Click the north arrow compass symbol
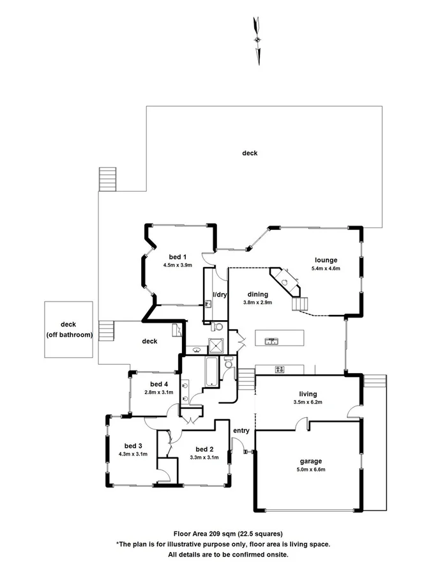coord(257,40)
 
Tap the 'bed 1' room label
coord(177,256)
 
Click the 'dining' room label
coord(258,294)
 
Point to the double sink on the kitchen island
coord(271,341)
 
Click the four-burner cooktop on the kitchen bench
coord(280,369)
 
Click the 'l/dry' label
coord(220,295)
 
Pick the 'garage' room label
coord(311,461)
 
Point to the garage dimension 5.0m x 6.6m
coord(311,470)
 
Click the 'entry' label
coord(241,431)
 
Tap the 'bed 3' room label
coord(133,445)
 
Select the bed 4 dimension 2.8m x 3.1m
coord(158,392)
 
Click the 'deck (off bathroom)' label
coord(68,330)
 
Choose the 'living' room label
coord(308,394)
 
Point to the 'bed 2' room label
coord(204,448)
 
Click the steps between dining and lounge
coord(300,304)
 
